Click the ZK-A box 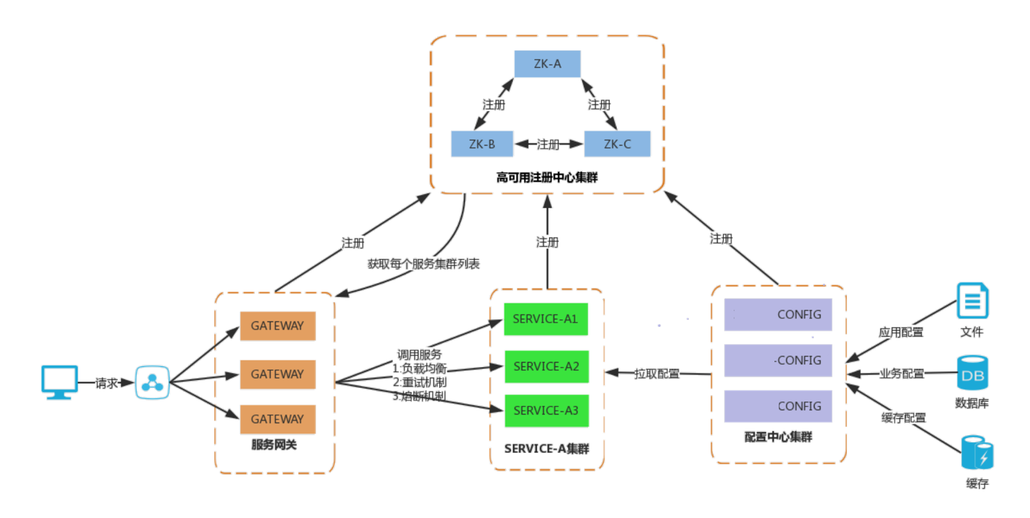click(x=547, y=64)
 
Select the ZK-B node click(x=482, y=144)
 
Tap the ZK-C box click(x=617, y=144)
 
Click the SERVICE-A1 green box click(x=546, y=319)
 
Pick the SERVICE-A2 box click(x=546, y=366)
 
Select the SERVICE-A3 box click(x=546, y=411)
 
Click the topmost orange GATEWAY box click(x=277, y=326)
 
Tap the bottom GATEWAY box click(x=277, y=419)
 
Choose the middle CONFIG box click(x=778, y=361)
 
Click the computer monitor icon click(x=60, y=382)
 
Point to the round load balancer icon click(x=152, y=382)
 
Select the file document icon click(x=973, y=301)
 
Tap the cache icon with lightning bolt click(x=977, y=454)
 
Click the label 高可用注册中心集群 click(x=547, y=177)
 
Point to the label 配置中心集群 click(x=778, y=437)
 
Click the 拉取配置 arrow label click(x=657, y=373)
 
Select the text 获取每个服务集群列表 click(x=423, y=264)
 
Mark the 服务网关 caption click(x=274, y=445)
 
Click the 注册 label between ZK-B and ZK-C click(x=548, y=145)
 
